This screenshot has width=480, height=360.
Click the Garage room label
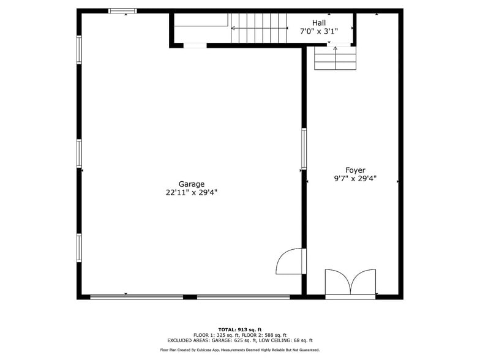point(191,184)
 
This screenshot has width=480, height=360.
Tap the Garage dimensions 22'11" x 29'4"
point(191,192)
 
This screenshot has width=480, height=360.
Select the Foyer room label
point(355,170)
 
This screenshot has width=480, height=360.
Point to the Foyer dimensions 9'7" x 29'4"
point(355,179)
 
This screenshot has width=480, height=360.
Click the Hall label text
point(318,23)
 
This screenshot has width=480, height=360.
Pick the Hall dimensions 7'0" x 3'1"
point(318,31)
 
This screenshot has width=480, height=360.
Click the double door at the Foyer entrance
point(350,283)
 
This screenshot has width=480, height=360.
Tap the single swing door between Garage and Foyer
point(291,261)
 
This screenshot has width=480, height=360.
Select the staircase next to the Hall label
point(258,28)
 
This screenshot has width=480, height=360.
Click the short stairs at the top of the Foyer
point(335,58)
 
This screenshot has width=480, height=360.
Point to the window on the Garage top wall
point(123,11)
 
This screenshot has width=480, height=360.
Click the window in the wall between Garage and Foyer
point(304,149)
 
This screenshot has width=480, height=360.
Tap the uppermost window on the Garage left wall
point(79,49)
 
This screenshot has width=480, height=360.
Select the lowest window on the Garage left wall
point(79,247)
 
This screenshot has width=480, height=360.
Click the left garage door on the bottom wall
point(137,297)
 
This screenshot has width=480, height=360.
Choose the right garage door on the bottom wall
point(243,297)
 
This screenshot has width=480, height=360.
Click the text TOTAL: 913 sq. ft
point(240,329)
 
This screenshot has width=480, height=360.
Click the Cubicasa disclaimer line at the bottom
point(240,350)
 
